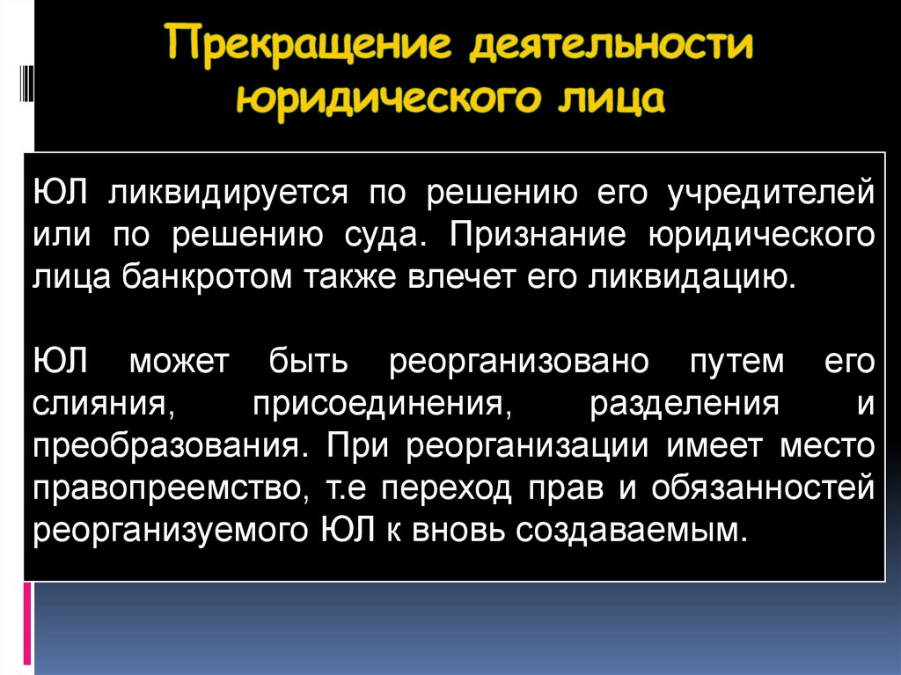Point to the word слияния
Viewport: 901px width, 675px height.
click(x=102, y=405)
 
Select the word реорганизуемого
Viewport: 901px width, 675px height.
click(x=167, y=532)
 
